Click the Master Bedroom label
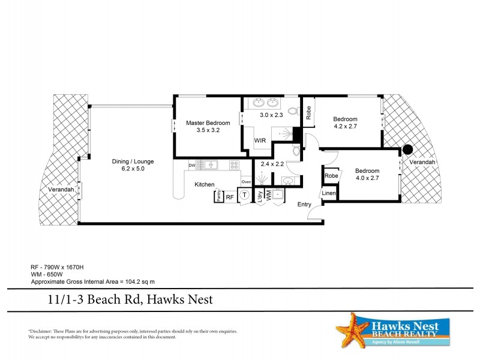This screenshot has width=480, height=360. pyautogui.click(x=208, y=122)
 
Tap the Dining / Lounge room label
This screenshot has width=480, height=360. pyautogui.click(x=133, y=161)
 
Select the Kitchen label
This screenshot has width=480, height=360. pyautogui.click(x=205, y=185)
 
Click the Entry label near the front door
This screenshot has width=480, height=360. pyautogui.click(x=305, y=205)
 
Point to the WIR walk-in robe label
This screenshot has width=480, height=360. pyautogui.click(x=260, y=140)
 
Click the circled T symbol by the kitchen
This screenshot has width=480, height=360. pyautogui.click(x=245, y=195)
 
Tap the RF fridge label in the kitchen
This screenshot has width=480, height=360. pyautogui.click(x=229, y=197)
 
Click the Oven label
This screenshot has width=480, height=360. pyautogui.click(x=246, y=182)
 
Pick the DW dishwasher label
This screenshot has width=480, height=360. pyautogui.click(x=192, y=165)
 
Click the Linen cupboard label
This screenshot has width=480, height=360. pyautogui.click(x=328, y=193)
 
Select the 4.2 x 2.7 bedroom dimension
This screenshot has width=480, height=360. pyautogui.click(x=345, y=127)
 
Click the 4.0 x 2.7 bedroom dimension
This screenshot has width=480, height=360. pyautogui.click(x=367, y=178)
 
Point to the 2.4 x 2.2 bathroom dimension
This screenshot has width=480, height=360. pyautogui.click(x=272, y=164)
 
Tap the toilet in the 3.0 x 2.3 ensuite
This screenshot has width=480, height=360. pyautogui.click(x=293, y=111)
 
